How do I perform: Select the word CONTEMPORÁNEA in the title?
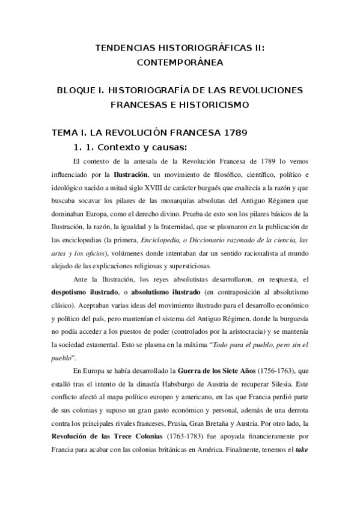click(x=180, y=61)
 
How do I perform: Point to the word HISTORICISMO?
click(x=215, y=104)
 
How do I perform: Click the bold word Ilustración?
click(x=130, y=174)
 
